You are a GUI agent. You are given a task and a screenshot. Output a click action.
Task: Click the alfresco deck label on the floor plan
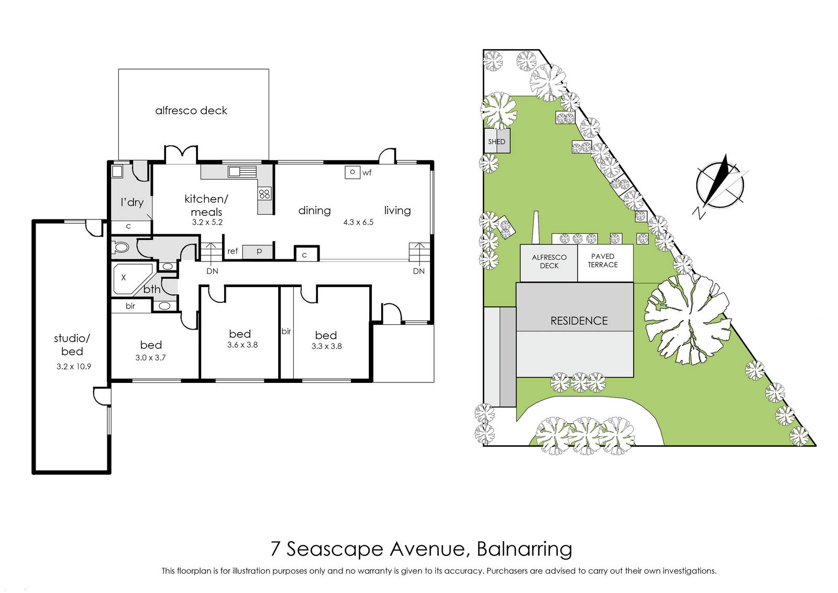[191, 111]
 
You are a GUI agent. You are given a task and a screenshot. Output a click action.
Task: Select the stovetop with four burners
[264, 194]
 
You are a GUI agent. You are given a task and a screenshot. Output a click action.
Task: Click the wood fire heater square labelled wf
[352, 172]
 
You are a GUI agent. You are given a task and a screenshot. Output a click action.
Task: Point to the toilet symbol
[121, 247]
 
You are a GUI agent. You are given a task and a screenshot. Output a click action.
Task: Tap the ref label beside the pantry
[233, 251]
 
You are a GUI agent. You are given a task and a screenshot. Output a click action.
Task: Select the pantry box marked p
[258, 252]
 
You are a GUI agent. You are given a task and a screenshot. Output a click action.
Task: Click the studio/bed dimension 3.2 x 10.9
[74, 367]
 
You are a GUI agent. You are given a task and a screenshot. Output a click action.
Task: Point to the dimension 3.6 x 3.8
[242, 345]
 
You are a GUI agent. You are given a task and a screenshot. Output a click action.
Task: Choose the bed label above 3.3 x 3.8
[326, 335]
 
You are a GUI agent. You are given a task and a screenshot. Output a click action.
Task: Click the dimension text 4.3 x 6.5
[358, 222]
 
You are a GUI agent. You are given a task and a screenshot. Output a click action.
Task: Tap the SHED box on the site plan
[497, 141]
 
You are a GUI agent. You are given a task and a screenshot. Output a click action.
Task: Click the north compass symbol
[720, 185]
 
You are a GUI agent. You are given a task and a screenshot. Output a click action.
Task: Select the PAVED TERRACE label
[603, 260]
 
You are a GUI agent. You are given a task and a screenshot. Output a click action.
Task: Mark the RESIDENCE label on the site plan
[579, 321]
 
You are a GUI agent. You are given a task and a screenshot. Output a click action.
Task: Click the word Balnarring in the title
[524, 549]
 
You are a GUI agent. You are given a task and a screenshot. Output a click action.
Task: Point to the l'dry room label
[132, 202]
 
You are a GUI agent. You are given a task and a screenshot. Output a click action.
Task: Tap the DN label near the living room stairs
[418, 271]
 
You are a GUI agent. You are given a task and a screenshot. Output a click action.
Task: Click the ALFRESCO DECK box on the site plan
[549, 263]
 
